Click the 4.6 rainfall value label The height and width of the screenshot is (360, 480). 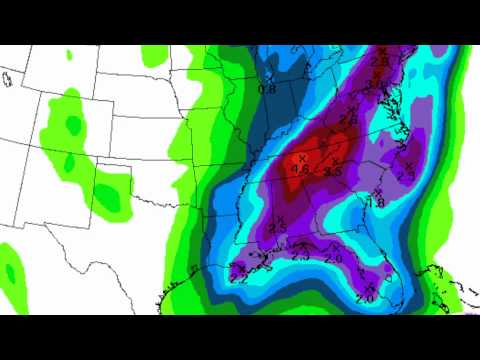click(x=298, y=170)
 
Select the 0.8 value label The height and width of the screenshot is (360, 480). click(x=267, y=89)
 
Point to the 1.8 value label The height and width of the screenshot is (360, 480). click(x=377, y=202)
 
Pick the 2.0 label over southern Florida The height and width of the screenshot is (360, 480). click(x=364, y=298)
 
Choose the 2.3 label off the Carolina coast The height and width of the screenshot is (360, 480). click(x=405, y=174)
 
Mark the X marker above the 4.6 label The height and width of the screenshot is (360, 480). click(x=302, y=158)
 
